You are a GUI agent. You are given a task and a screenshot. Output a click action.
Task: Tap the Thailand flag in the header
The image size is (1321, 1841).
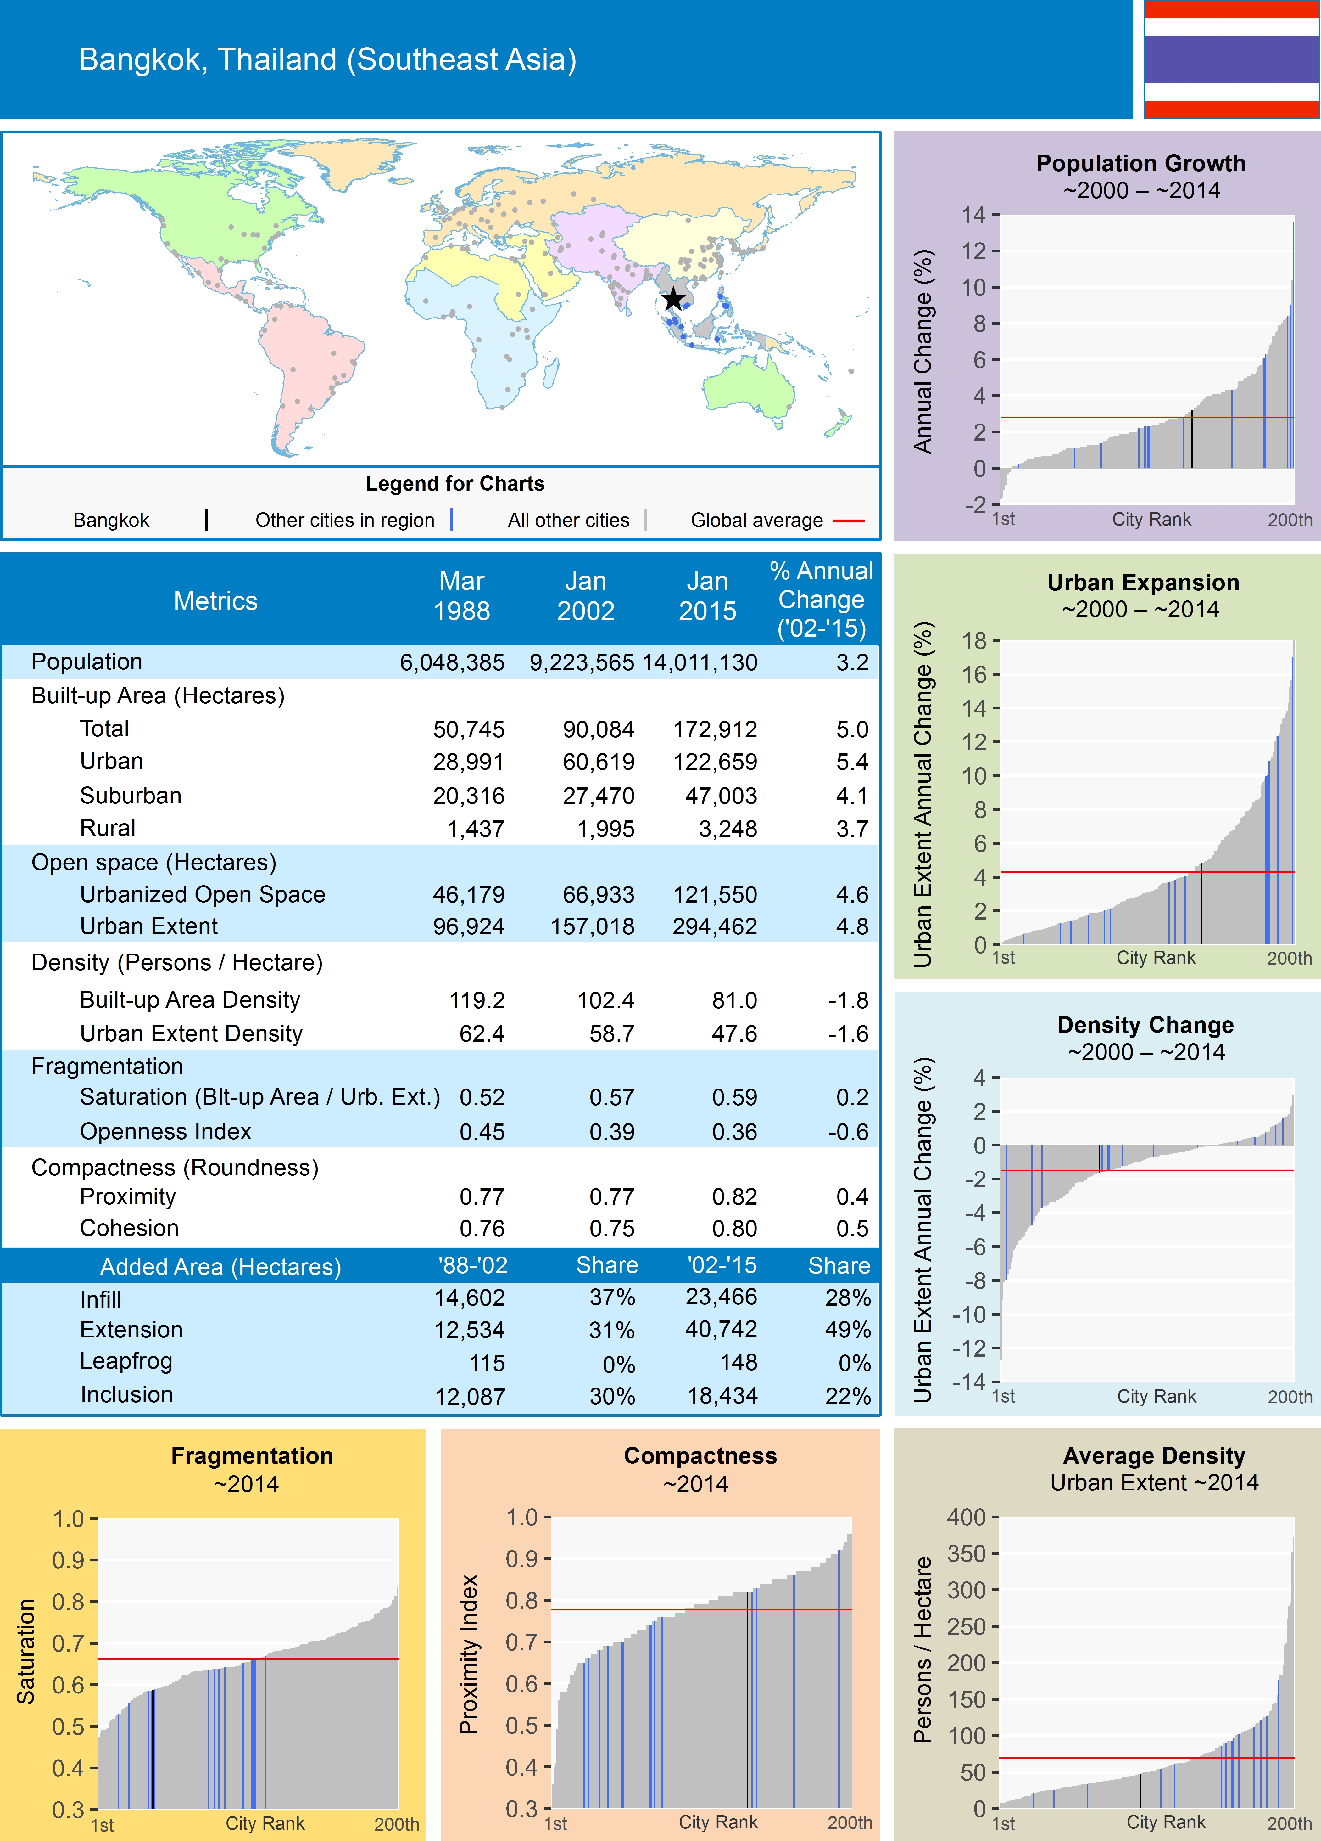point(1231,59)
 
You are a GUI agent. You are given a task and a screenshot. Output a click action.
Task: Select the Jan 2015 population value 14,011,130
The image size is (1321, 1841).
point(700,662)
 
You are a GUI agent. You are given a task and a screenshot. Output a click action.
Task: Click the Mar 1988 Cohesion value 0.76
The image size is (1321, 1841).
point(482,1228)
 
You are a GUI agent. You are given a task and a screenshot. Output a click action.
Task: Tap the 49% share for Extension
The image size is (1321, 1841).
point(848,1330)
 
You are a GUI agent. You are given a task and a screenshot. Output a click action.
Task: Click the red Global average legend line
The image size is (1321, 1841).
point(848,520)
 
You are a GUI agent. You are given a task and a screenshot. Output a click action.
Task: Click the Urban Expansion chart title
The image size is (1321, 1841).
point(1142,583)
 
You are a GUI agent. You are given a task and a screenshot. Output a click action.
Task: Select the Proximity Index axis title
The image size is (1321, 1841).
point(468,1654)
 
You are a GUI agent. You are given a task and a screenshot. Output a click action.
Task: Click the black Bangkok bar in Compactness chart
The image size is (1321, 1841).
point(747,1705)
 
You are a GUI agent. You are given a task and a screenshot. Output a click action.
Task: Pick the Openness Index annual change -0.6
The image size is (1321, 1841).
point(848,1132)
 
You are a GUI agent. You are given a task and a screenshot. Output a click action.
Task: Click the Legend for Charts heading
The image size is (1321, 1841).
point(454,484)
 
